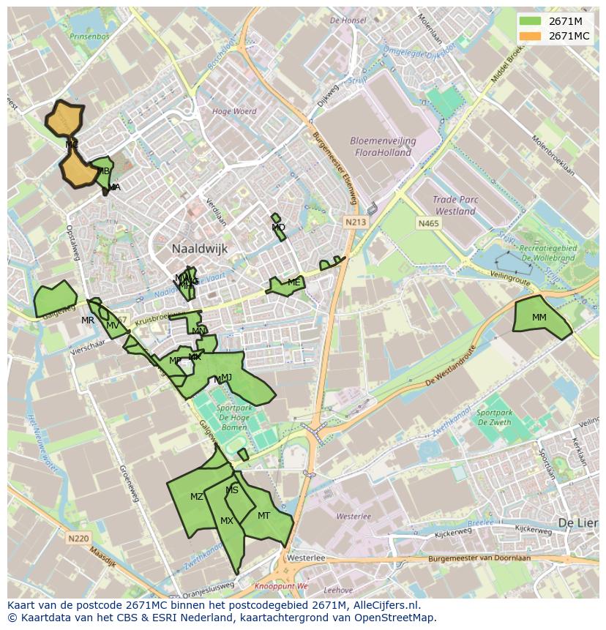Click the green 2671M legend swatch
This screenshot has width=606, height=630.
click(x=531, y=21)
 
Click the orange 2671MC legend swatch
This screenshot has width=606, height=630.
click(x=531, y=36)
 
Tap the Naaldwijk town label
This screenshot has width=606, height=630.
click(x=200, y=249)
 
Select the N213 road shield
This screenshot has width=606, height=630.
click(x=356, y=222)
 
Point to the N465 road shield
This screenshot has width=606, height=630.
click(x=428, y=222)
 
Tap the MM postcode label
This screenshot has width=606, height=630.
click(x=539, y=318)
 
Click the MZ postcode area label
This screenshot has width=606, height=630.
click(x=197, y=497)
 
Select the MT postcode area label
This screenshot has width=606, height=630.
click(x=264, y=515)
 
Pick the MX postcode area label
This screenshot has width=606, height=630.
click(x=227, y=521)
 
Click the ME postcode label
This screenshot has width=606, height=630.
click(x=293, y=282)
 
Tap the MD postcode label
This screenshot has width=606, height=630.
click(x=278, y=228)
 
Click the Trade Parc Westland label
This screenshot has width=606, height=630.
click(x=454, y=205)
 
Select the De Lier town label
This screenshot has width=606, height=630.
click(x=577, y=523)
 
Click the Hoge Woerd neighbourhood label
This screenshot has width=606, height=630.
click(x=234, y=111)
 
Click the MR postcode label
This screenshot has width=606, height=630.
click(x=88, y=320)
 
